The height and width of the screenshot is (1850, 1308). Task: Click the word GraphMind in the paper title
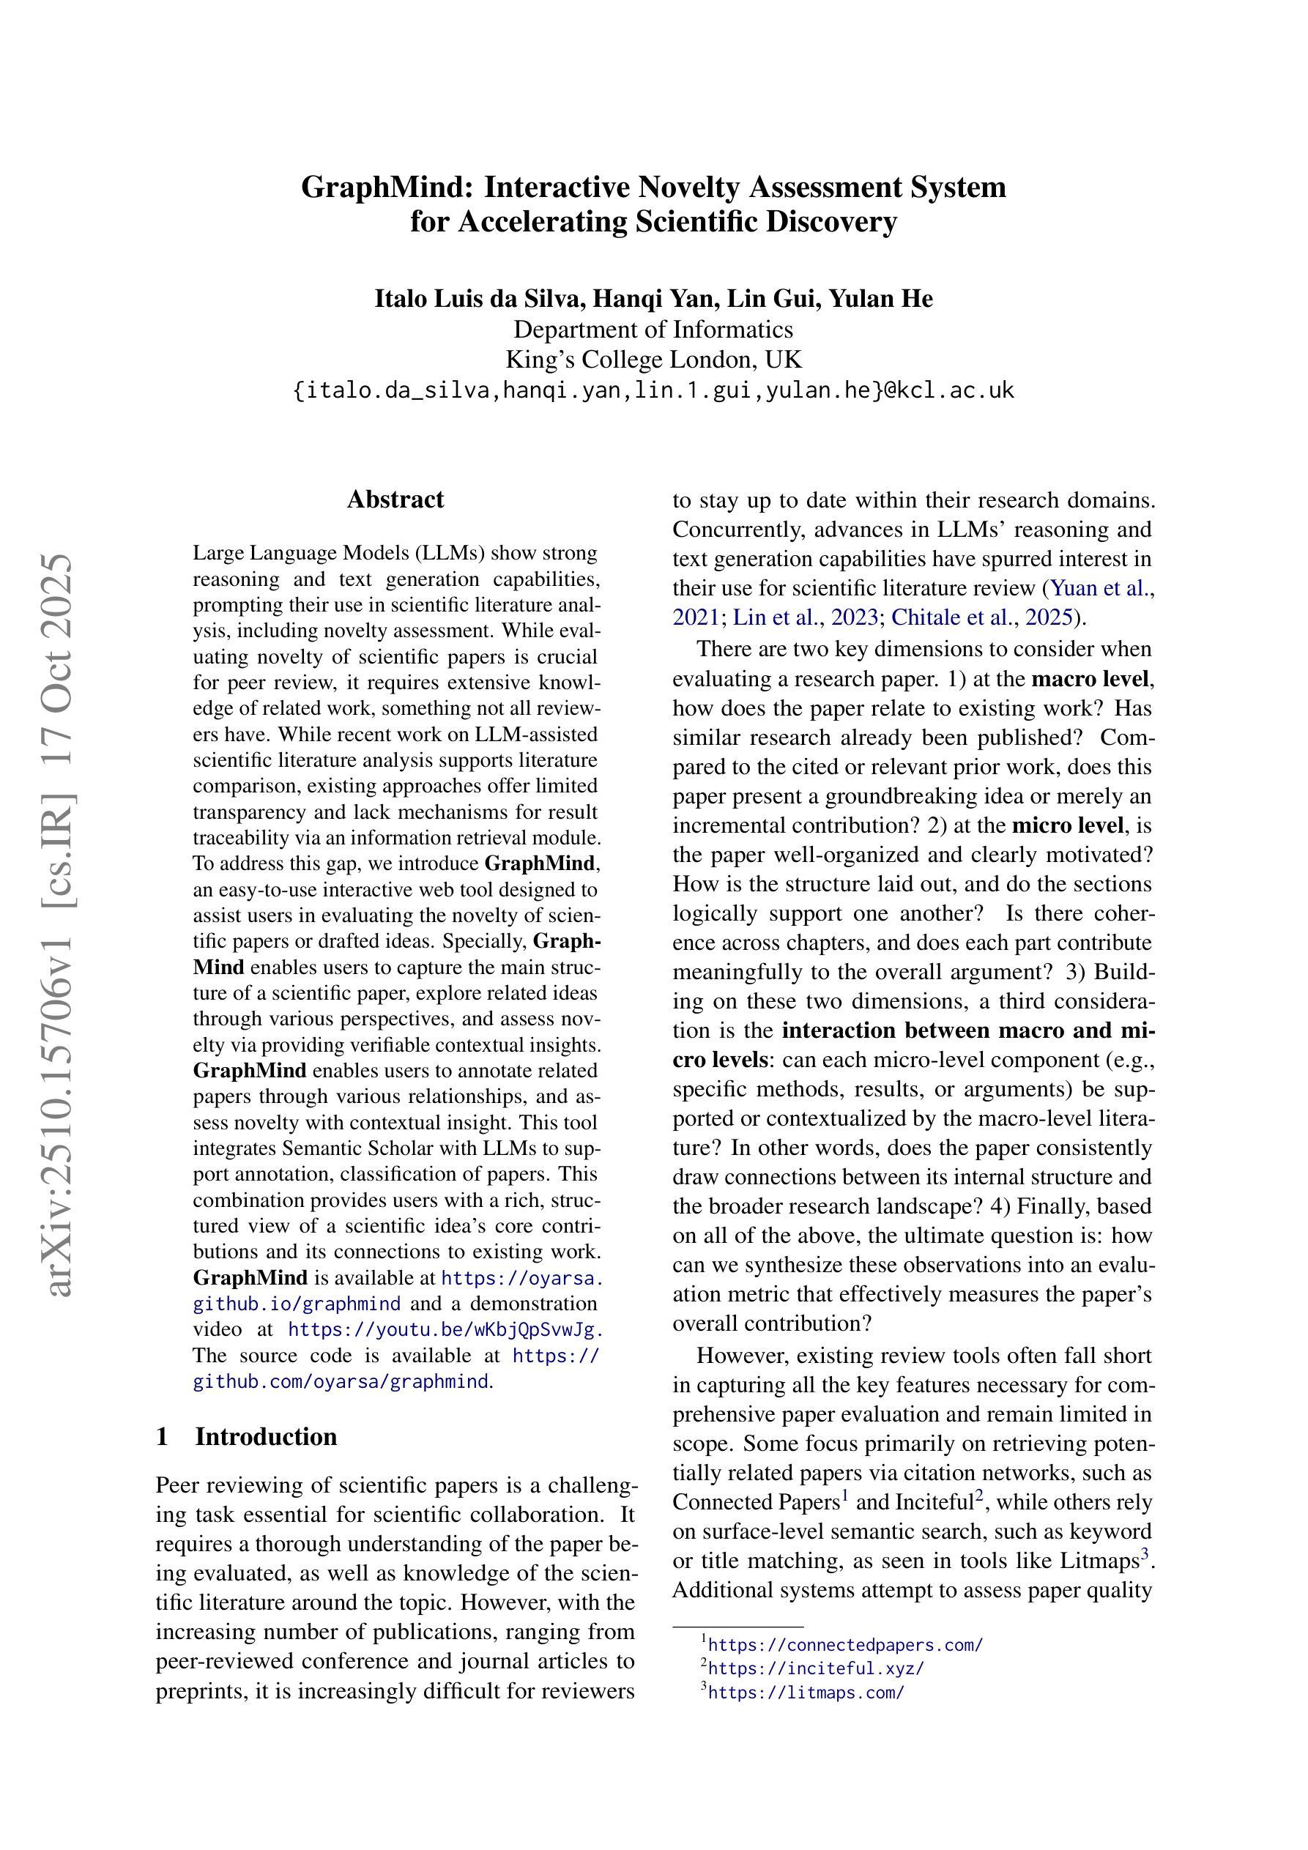point(384,187)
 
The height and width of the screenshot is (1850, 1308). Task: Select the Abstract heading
point(395,499)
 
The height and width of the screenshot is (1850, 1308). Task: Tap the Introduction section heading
point(266,1437)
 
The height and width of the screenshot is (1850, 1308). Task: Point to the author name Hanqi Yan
point(656,299)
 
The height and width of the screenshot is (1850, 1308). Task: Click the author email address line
point(653,391)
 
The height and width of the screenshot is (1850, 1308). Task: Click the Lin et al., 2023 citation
point(805,617)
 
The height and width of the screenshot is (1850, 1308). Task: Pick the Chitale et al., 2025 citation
point(981,617)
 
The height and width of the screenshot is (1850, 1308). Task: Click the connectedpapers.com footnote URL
point(845,1646)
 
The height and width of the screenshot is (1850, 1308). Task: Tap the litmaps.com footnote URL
point(806,1692)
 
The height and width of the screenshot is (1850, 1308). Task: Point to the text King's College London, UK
point(653,360)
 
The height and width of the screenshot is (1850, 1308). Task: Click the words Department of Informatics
point(653,330)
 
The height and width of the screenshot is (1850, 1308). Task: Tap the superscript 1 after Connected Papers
point(845,1496)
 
